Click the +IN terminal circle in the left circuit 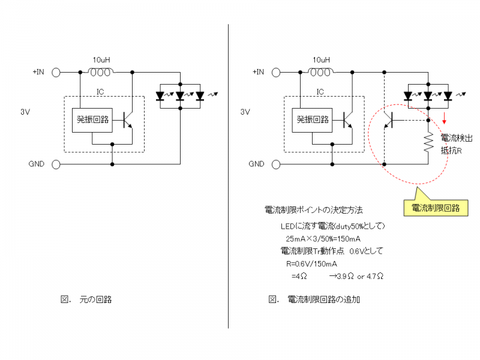point(56,72)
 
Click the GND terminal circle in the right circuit point(277,163)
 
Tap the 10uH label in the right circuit point(321,60)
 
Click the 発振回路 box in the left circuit point(93,119)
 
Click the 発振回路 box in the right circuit point(313,119)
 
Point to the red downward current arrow point(445,115)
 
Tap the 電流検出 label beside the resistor point(457,138)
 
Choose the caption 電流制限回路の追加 point(324,299)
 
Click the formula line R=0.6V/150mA point(311,263)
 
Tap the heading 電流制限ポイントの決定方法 point(314,211)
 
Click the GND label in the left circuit point(37,163)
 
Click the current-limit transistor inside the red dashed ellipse point(389,120)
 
